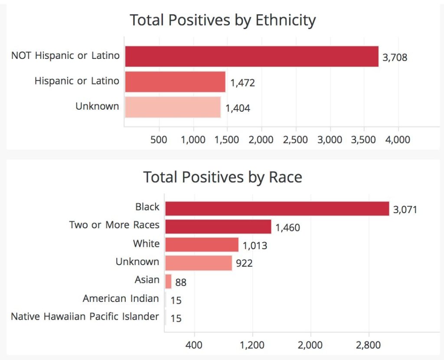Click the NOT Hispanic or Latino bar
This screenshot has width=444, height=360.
pos(252,57)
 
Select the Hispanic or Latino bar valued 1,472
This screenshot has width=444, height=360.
pos(175,82)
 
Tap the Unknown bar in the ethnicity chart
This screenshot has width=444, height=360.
pos(173,107)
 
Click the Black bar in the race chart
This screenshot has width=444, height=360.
pos(277,208)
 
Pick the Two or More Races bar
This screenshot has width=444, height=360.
pos(219,227)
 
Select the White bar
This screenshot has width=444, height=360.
pos(202,244)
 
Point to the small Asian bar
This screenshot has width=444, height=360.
pos(169,281)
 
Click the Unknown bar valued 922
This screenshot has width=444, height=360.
pos(199,263)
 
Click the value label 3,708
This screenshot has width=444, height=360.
pos(395,58)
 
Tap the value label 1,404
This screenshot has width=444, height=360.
pos(238,108)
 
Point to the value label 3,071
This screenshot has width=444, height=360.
pos(405,210)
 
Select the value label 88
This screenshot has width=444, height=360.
pos(181,282)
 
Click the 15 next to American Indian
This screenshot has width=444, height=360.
pos(176,300)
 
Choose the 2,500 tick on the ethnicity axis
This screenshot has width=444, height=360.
pos(295,139)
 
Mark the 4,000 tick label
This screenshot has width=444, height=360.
pos(398,139)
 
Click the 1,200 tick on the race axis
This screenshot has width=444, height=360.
pos(252,345)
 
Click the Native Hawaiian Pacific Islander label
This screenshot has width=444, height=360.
pos(85,316)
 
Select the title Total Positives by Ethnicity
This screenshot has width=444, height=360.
pos(223,20)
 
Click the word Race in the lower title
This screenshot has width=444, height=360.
pos(285,178)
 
